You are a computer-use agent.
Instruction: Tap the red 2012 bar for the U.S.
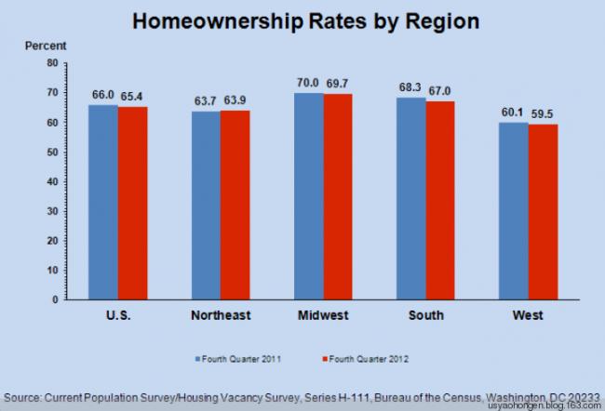pyautogui.click(x=132, y=204)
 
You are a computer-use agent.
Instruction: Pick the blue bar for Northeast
pyautogui.click(x=206, y=205)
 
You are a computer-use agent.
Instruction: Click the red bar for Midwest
pyautogui.click(x=338, y=197)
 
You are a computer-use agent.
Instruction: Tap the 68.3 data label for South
pyautogui.click(x=411, y=87)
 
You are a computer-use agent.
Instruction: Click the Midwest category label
pyautogui.click(x=324, y=315)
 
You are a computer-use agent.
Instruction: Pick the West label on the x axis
pyautogui.click(x=529, y=315)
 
